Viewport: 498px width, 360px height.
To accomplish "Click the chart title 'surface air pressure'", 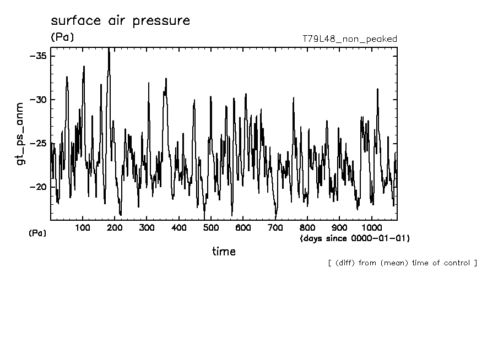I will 120,21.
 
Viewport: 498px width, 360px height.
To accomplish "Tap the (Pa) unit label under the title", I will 62,37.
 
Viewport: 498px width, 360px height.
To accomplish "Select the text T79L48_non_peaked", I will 350,39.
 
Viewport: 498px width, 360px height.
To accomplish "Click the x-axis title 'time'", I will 224,252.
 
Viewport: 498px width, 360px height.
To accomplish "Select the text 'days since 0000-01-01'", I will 355,238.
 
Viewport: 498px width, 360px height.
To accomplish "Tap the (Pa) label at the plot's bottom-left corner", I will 37,233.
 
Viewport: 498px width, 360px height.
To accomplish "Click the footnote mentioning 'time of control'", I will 402,263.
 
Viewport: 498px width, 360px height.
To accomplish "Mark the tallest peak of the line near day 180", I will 109,50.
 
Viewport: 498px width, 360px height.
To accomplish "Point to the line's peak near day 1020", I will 377,89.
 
